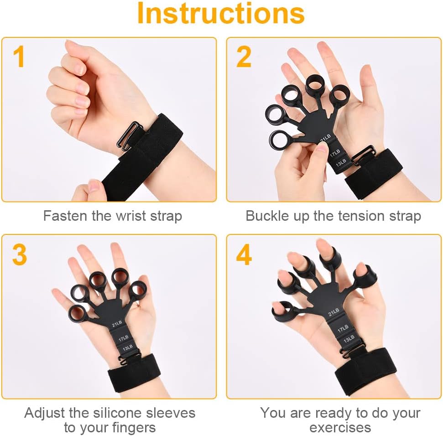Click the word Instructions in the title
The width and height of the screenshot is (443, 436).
click(x=221, y=14)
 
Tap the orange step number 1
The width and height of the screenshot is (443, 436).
click(x=19, y=57)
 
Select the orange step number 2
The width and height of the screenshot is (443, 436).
click(x=244, y=57)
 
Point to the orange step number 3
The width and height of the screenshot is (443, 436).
click(x=20, y=254)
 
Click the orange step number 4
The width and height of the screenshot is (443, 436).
click(x=244, y=254)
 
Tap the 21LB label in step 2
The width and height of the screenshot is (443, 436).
click(x=325, y=138)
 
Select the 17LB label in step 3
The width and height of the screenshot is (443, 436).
click(x=124, y=338)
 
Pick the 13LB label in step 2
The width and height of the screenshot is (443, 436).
click(x=341, y=163)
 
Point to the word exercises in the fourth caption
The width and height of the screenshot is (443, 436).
click(x=340, y=428)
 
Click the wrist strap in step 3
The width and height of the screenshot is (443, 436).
click(x=134, y=373)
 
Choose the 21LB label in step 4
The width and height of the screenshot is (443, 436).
click(x=334, y=312)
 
